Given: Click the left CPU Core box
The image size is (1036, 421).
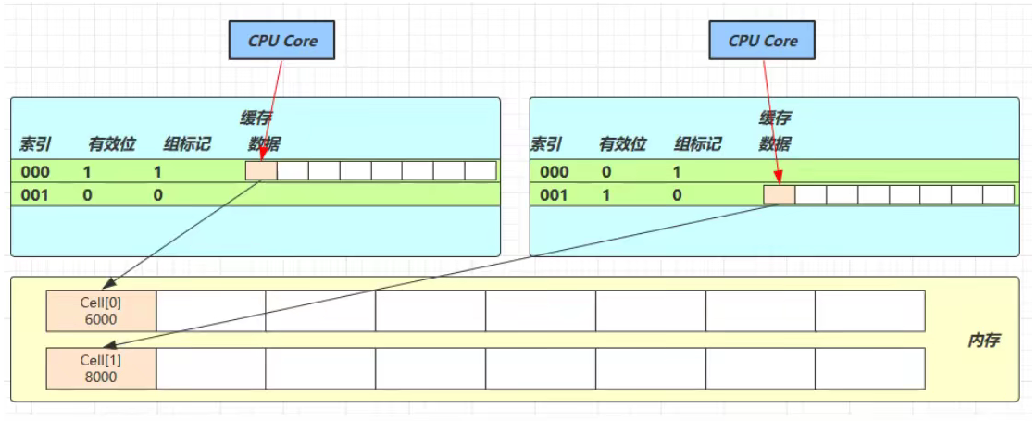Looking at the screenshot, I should coord(281,41).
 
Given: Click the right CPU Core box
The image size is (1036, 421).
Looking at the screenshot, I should coord(763,41).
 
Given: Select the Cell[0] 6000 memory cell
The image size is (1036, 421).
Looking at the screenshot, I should coord(102,310).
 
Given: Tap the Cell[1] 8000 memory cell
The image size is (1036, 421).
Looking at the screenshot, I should coord(102,367).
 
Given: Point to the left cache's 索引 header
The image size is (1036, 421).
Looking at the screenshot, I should coord(35,144).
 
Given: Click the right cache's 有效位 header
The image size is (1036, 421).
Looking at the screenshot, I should coord(622,144).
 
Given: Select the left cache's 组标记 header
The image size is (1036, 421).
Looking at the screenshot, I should coord(188,144).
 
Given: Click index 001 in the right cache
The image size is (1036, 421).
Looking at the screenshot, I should coord(554,195).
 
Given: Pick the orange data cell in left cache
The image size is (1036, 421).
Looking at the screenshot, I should coord(261,171).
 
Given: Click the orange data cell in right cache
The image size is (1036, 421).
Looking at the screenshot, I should coord(779,195).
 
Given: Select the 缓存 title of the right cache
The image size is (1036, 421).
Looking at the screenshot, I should coord(775,118).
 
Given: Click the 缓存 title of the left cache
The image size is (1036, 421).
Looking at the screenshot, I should coord(256,118).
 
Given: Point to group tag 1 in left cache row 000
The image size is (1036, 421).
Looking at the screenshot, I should coord(158,171).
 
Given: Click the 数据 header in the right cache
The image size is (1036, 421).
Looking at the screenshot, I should coord(775,144).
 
